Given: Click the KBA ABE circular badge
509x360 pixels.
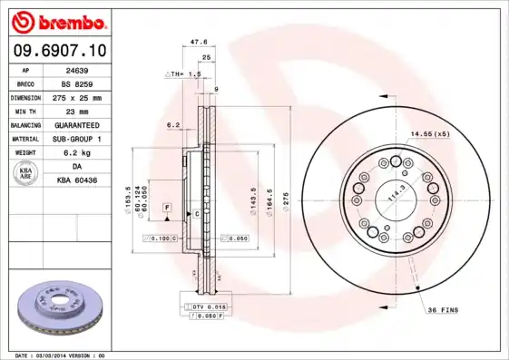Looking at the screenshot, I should point(26,173).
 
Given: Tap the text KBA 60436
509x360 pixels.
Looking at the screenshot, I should point(77,180).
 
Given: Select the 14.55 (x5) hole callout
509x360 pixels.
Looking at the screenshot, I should point(430,135).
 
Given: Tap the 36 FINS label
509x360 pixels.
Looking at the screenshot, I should point(442,310).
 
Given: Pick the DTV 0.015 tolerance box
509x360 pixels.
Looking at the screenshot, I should point(210,308).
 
